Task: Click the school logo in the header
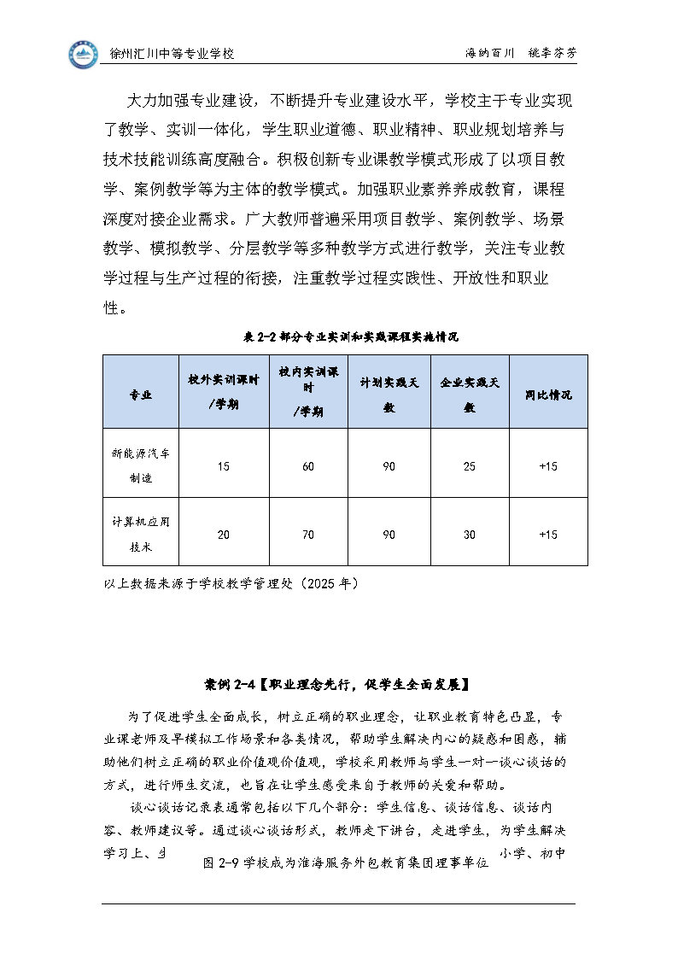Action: click(84, 55)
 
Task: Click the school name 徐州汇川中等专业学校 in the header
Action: click(172, 54)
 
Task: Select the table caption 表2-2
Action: click(346, 337)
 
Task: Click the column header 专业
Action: click(141, 395)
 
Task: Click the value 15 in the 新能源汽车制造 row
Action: click(224, 466)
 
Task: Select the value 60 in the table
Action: click(307, 466)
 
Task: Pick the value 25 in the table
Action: click(469, 466)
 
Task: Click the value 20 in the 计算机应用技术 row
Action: click(224, 535)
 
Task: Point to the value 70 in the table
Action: click(307, 535)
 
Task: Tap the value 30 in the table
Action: click(469, 535)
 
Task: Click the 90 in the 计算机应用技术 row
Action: click(389, 535)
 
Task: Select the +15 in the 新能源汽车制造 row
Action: click(548, 466)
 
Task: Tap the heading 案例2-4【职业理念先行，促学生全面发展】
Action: click(338, 684)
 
